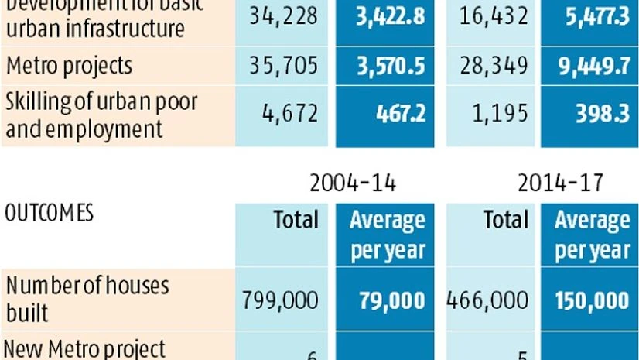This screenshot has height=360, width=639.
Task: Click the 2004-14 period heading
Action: pyautogui.click(x=353, y=183)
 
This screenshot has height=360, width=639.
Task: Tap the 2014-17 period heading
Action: pyautogui.click(x=561, y=183)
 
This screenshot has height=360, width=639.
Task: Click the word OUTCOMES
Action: pyautogui.click(x=50, y=213)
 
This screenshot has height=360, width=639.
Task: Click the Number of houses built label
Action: pyautogui.click(x=87, y=299)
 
